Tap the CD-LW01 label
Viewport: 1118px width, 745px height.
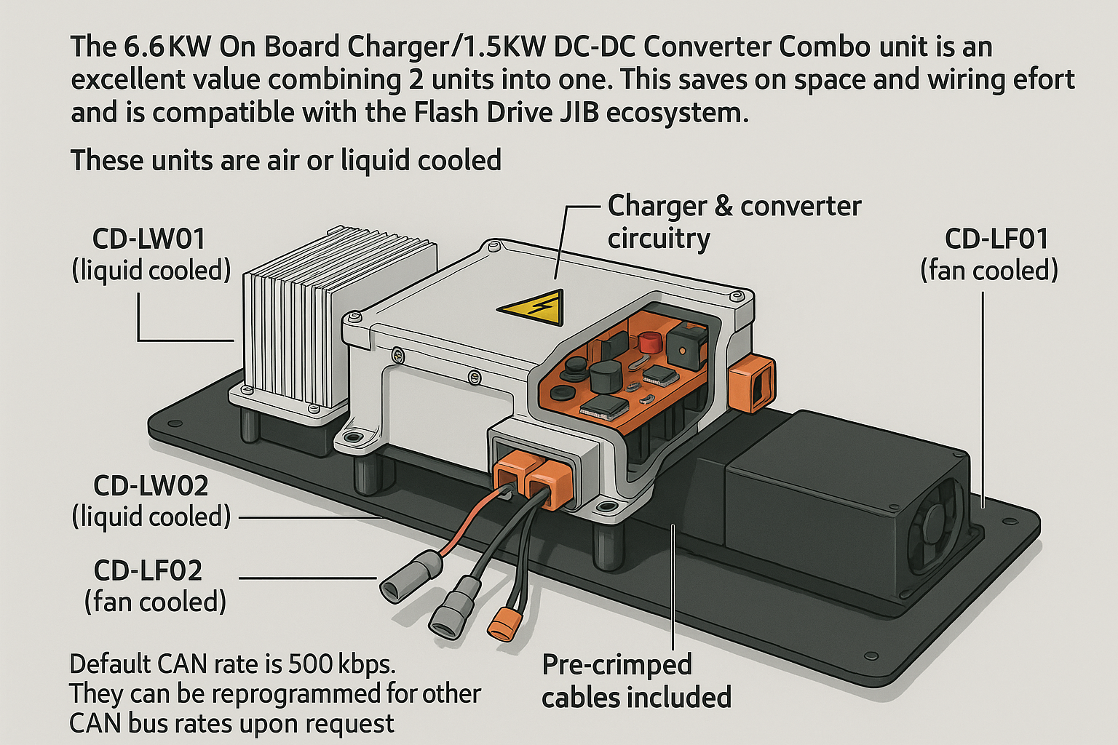point(149,239)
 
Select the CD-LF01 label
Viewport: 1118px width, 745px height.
point(996,239)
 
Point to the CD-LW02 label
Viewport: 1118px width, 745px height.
point(151,485)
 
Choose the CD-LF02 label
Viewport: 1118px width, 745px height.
point(148,571)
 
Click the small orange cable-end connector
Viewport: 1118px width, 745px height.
point(501,623)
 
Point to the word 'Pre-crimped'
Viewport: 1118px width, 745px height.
point(617,664)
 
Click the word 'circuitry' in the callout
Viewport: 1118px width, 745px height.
point(659,239)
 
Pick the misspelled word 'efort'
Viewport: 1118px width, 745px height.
point(1043,79)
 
